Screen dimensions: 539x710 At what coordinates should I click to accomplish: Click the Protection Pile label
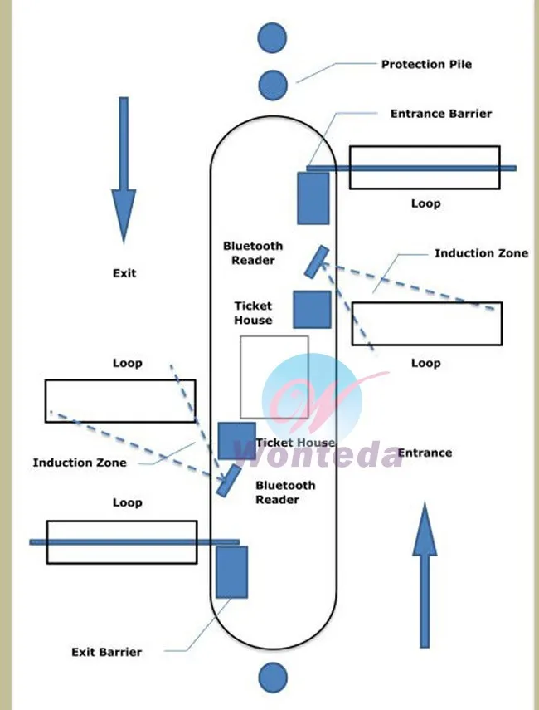click(x=426, y=64)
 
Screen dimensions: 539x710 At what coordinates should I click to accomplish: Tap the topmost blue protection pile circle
click(x=272, y=38)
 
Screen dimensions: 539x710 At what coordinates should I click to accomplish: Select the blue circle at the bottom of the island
click(x=273, y=678)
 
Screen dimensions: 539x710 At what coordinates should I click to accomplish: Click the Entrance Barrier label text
click(x=441, y=114)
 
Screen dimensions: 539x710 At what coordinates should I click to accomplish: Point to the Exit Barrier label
click(x=107, y=652)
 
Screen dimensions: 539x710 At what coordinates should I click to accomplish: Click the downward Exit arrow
click(x=124, y=169)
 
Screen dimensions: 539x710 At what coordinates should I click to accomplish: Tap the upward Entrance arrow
click(x=425, y=575)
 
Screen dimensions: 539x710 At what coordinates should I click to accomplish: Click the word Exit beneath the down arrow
click(x=124, y=273)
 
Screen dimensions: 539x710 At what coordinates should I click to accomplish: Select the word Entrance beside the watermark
click(x=425, y=453)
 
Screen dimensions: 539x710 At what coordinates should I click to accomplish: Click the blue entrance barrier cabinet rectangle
click(x=313, y=198)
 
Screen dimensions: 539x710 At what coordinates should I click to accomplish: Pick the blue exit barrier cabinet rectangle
click(x=231, y=572)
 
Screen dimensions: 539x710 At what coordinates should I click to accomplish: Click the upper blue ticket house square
click(x=312, y=309)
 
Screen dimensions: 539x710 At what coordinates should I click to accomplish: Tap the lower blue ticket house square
click(x=236, y=441)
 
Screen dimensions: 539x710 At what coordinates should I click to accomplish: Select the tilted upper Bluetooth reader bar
click(x=317, y=262)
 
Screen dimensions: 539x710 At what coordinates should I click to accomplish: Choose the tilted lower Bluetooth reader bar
click(x=229, y=481)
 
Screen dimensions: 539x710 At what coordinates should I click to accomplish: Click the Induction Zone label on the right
click(x=481, y=253)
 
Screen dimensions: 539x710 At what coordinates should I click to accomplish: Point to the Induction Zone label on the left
click(x=80, y=463)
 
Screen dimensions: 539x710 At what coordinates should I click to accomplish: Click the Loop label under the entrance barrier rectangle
click(x=425, y=203)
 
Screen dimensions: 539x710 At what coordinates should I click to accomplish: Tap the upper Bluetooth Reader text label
click(x=253, y=253)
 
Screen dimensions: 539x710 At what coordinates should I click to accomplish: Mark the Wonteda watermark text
click(x=318, y=455)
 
